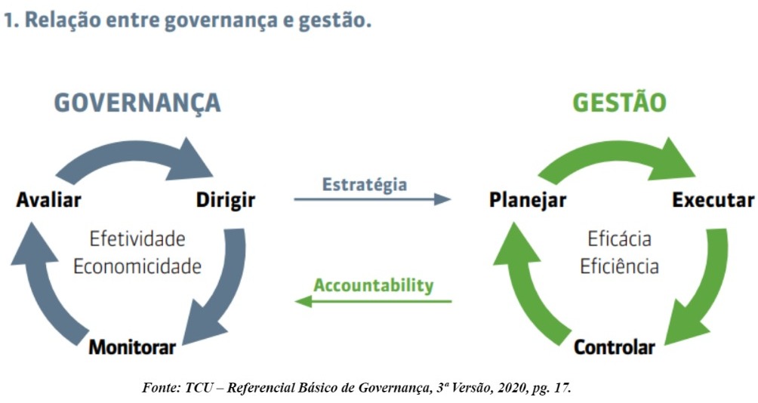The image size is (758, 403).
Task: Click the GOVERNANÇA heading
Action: [137, 103]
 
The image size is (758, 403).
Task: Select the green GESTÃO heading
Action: [619, 102]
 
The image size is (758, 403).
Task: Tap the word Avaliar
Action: [48, 199]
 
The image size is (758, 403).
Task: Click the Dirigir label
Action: [226, 200]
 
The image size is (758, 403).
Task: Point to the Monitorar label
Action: [132, 347]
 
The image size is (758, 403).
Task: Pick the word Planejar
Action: [528, 200]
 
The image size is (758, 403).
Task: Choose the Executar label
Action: [713, 200]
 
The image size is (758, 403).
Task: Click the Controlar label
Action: [615, 347]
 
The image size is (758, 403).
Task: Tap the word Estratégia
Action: [365, 185]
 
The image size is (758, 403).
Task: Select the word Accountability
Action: [374, 285]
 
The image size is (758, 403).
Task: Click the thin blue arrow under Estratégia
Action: [372, 199]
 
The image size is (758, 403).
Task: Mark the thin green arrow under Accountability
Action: [373, 302]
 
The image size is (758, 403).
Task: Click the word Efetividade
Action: [137, 238]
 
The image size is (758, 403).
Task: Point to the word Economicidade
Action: [137, 266]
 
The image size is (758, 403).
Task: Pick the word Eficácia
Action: [619, 238]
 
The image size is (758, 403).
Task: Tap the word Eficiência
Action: [619, 266]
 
